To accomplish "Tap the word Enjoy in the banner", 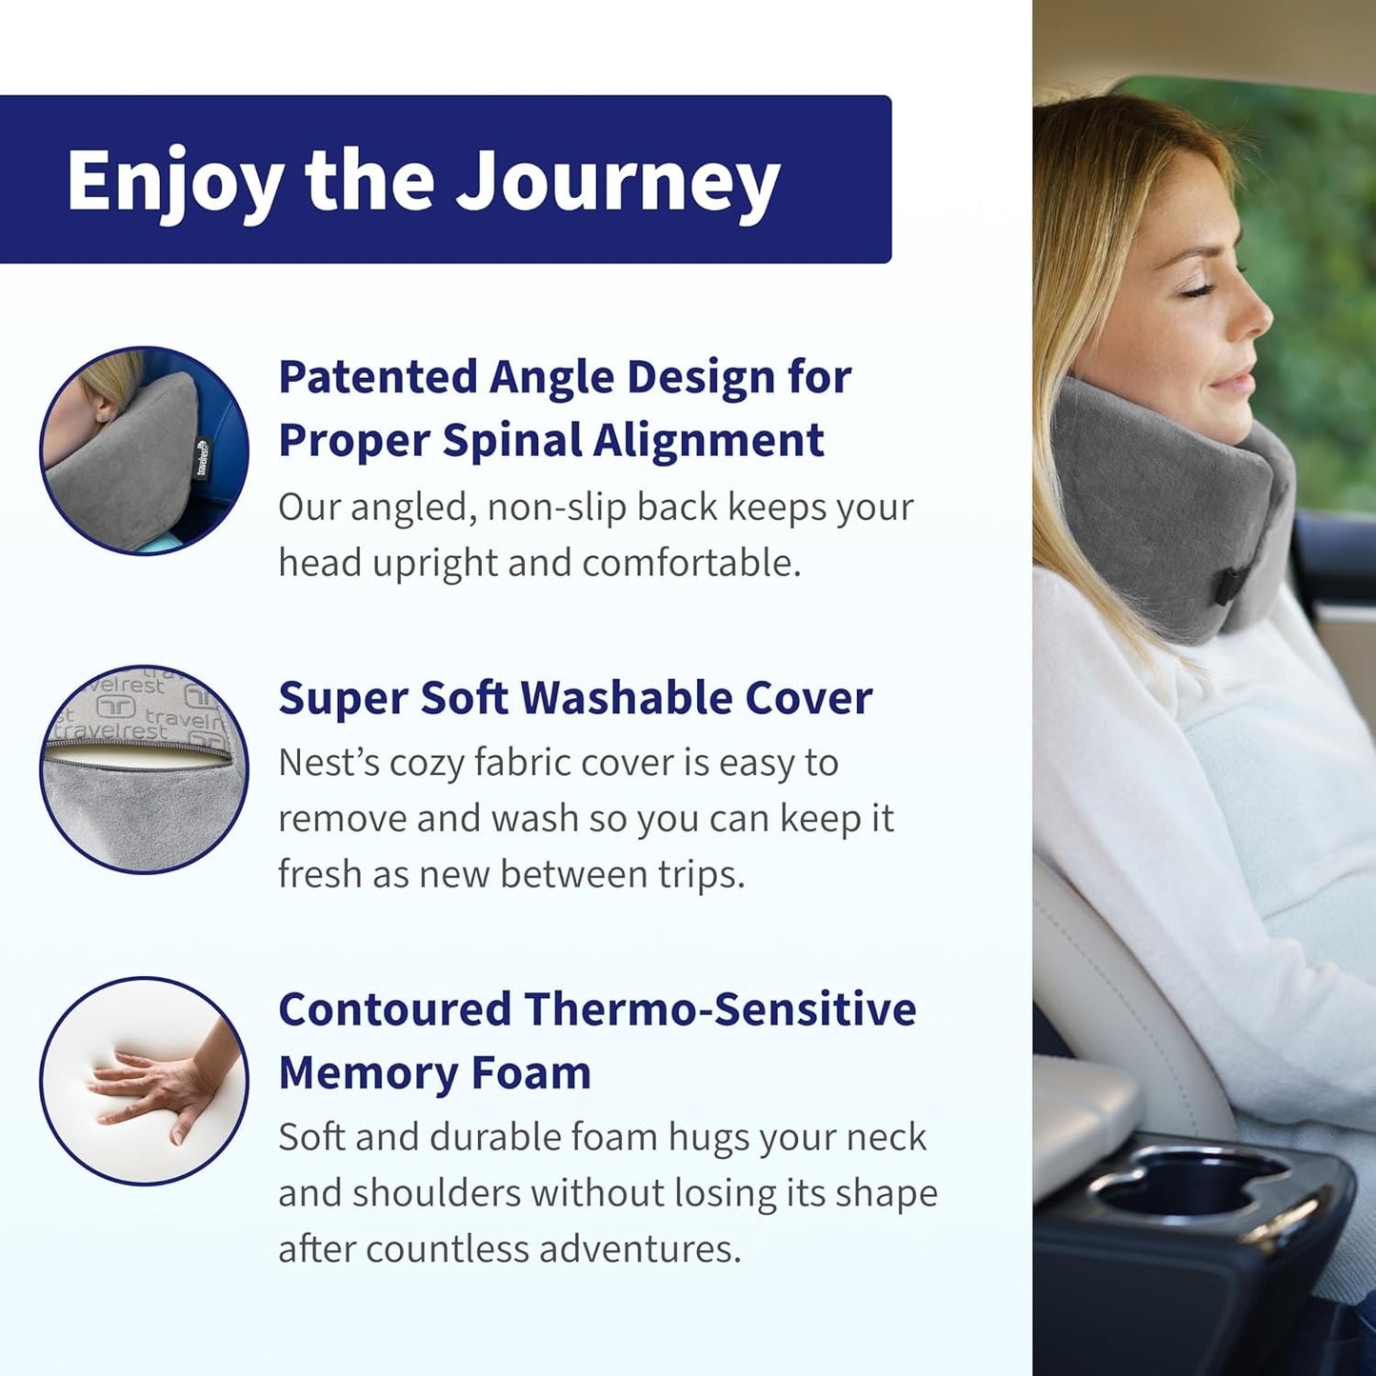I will (x=174, y=181).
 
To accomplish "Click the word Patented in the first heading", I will (x=377, y=377).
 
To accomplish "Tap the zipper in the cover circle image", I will (x=138, y=751).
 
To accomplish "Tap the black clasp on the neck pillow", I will (x=1235, y=583).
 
